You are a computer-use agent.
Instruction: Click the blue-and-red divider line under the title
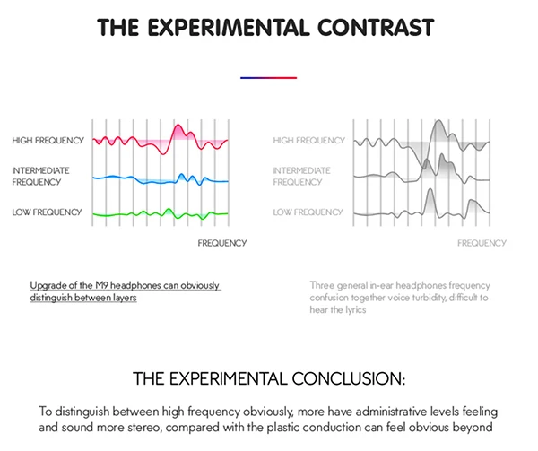pyautogui.click(x=268, y=78)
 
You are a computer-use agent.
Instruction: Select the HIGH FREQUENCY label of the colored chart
pyautogui.click(x=48, y=141)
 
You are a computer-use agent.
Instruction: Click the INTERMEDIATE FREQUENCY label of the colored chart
pyautogui.click(x=40, y=176)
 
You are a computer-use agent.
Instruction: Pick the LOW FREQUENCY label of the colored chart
pyautogui.click(x=47, y=212)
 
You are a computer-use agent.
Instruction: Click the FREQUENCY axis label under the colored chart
pyautogui.click(x=222, y=243)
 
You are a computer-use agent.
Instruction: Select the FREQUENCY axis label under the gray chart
pyautogui.click(x=482, y=243)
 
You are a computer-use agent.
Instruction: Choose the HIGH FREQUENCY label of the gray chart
pyautogui.click(x=308, y=141)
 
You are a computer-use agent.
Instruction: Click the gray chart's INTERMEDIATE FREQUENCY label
pyautogui.click(x=301, y=176)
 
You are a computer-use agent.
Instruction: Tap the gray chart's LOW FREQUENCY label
pyautogui.click(x=308, y=212)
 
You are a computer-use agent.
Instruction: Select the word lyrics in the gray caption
pyautogui.click(x=356, y=310)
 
